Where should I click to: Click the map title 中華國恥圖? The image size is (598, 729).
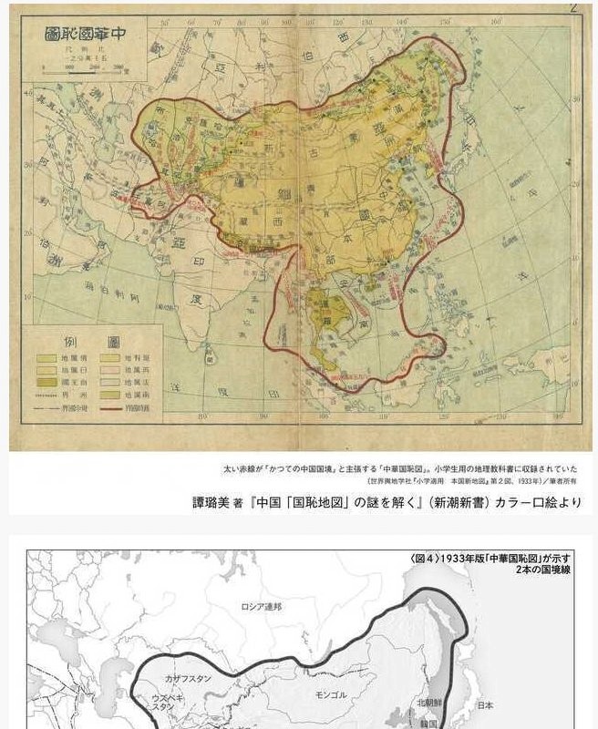click(x=88, y=36)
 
